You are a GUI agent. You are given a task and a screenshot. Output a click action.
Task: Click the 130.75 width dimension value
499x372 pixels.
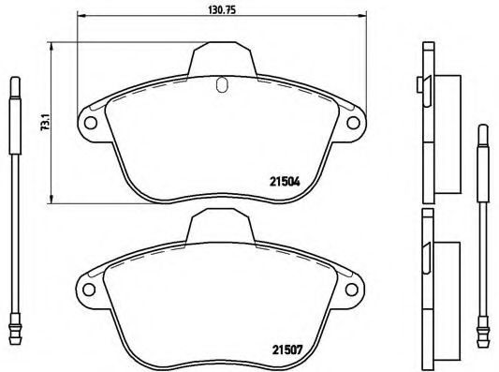[222, 10]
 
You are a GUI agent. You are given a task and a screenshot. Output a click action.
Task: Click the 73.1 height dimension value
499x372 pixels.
[45, 122]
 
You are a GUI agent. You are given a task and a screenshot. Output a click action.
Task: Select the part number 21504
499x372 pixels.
[285, 182]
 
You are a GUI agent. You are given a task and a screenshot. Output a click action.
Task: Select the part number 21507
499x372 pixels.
[286, 350]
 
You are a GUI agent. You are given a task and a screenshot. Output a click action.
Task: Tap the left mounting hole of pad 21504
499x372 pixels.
[91, 123]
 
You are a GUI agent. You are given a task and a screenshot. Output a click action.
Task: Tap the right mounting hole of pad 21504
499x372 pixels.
[353, 123]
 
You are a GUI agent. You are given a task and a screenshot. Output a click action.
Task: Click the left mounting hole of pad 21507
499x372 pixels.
[89, 290]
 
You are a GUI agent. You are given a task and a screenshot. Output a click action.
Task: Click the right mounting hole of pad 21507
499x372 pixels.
[351, 290]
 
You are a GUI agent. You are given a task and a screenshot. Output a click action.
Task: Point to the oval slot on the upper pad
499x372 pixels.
[222, 84]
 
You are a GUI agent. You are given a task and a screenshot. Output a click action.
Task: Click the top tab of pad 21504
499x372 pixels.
[222, 59]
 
